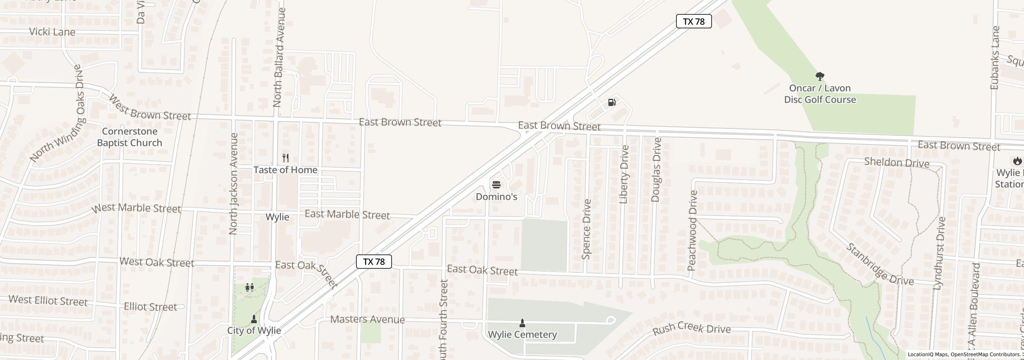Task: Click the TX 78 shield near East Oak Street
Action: [x=374, y=262]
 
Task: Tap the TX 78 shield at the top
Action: [x=694, y=22]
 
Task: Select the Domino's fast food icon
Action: [x=496, y=184]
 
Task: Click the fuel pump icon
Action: [x=612, y=102]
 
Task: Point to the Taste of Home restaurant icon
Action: [x=285, y=158]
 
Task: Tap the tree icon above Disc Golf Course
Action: [x=820, y=76]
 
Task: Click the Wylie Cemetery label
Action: [x=522, y=334]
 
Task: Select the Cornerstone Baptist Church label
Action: [x=130, y=137]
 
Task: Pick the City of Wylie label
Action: [x=254, y=330]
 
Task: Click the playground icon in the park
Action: [x=249, y=287]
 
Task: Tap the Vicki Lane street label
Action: [x=52, y=32]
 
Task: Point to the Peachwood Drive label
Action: [x=692, y=231]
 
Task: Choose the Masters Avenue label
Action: [x=368, y=319]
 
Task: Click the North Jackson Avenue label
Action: [x=234, y=184]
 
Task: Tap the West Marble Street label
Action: [x=136, y=208]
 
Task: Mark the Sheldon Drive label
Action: [x=896, y=163]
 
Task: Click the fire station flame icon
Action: [x=1017, y=161]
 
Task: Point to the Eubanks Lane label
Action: [x=995, y=58]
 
